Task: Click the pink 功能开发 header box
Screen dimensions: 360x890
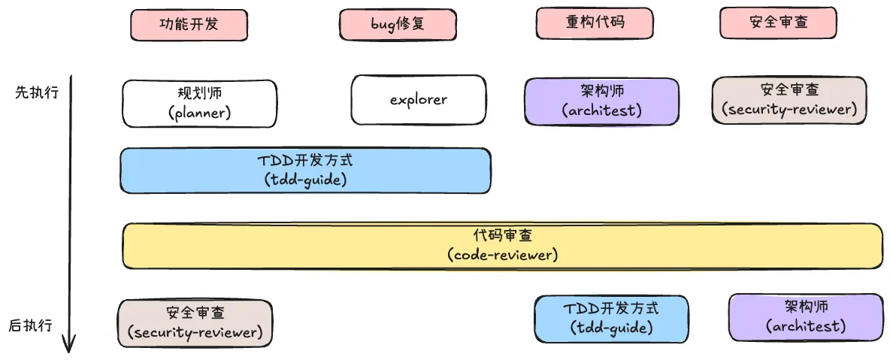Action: tap(189, 24)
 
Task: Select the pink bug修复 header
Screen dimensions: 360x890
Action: tap(398, 24)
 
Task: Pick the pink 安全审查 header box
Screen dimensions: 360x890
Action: tap(778, 23)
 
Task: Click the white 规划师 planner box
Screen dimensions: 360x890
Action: tap(199, 103)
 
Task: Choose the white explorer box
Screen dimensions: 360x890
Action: tap(418, 99)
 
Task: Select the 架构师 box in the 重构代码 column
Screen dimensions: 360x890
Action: tap(601, 101)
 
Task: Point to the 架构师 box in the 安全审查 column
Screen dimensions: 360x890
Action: tap(806, 316)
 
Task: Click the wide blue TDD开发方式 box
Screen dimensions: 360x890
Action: tap(304, 171)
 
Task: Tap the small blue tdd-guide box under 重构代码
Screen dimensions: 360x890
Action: tap(610, 318)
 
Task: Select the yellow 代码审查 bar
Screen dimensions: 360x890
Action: tap(502, 245)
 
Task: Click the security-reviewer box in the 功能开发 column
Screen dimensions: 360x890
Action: tap(195, 322)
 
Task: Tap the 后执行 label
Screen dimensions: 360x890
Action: tap(31, 325)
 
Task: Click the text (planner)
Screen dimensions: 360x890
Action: tap(199, 113)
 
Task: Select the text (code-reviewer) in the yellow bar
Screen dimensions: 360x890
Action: tap(502, 255)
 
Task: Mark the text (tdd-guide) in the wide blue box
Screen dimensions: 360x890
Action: tap(304, 180)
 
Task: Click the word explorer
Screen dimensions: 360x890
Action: tap(418, 99)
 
